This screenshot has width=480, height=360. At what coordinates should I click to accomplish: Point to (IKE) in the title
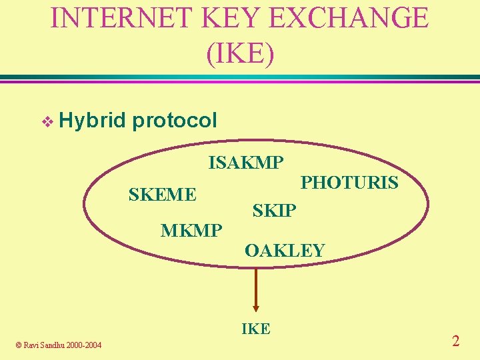point(240,54)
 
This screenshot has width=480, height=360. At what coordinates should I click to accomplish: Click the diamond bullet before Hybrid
point(46,121)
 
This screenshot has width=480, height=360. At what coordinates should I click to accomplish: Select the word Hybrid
point(92,121)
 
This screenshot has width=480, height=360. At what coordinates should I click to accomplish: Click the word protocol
point(175,121)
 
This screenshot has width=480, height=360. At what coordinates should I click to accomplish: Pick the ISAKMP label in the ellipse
point(246,162)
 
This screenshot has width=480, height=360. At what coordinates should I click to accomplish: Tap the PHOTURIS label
point(349,182)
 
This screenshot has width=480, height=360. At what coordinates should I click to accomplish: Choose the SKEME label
point(162,195)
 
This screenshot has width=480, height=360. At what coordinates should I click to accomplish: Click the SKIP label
point(274,211)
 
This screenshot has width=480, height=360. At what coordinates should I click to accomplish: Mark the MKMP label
point(191,231)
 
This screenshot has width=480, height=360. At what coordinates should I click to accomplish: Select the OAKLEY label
point(284,251)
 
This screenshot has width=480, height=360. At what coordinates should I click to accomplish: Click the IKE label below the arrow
point(255,329)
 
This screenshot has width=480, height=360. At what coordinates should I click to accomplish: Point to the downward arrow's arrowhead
point(256,307)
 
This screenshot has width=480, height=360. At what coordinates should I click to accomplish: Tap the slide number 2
point(455,341)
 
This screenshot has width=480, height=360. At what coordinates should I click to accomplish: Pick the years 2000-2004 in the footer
point(85,345)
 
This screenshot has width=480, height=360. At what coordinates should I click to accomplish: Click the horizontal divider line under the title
point(240,78)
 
